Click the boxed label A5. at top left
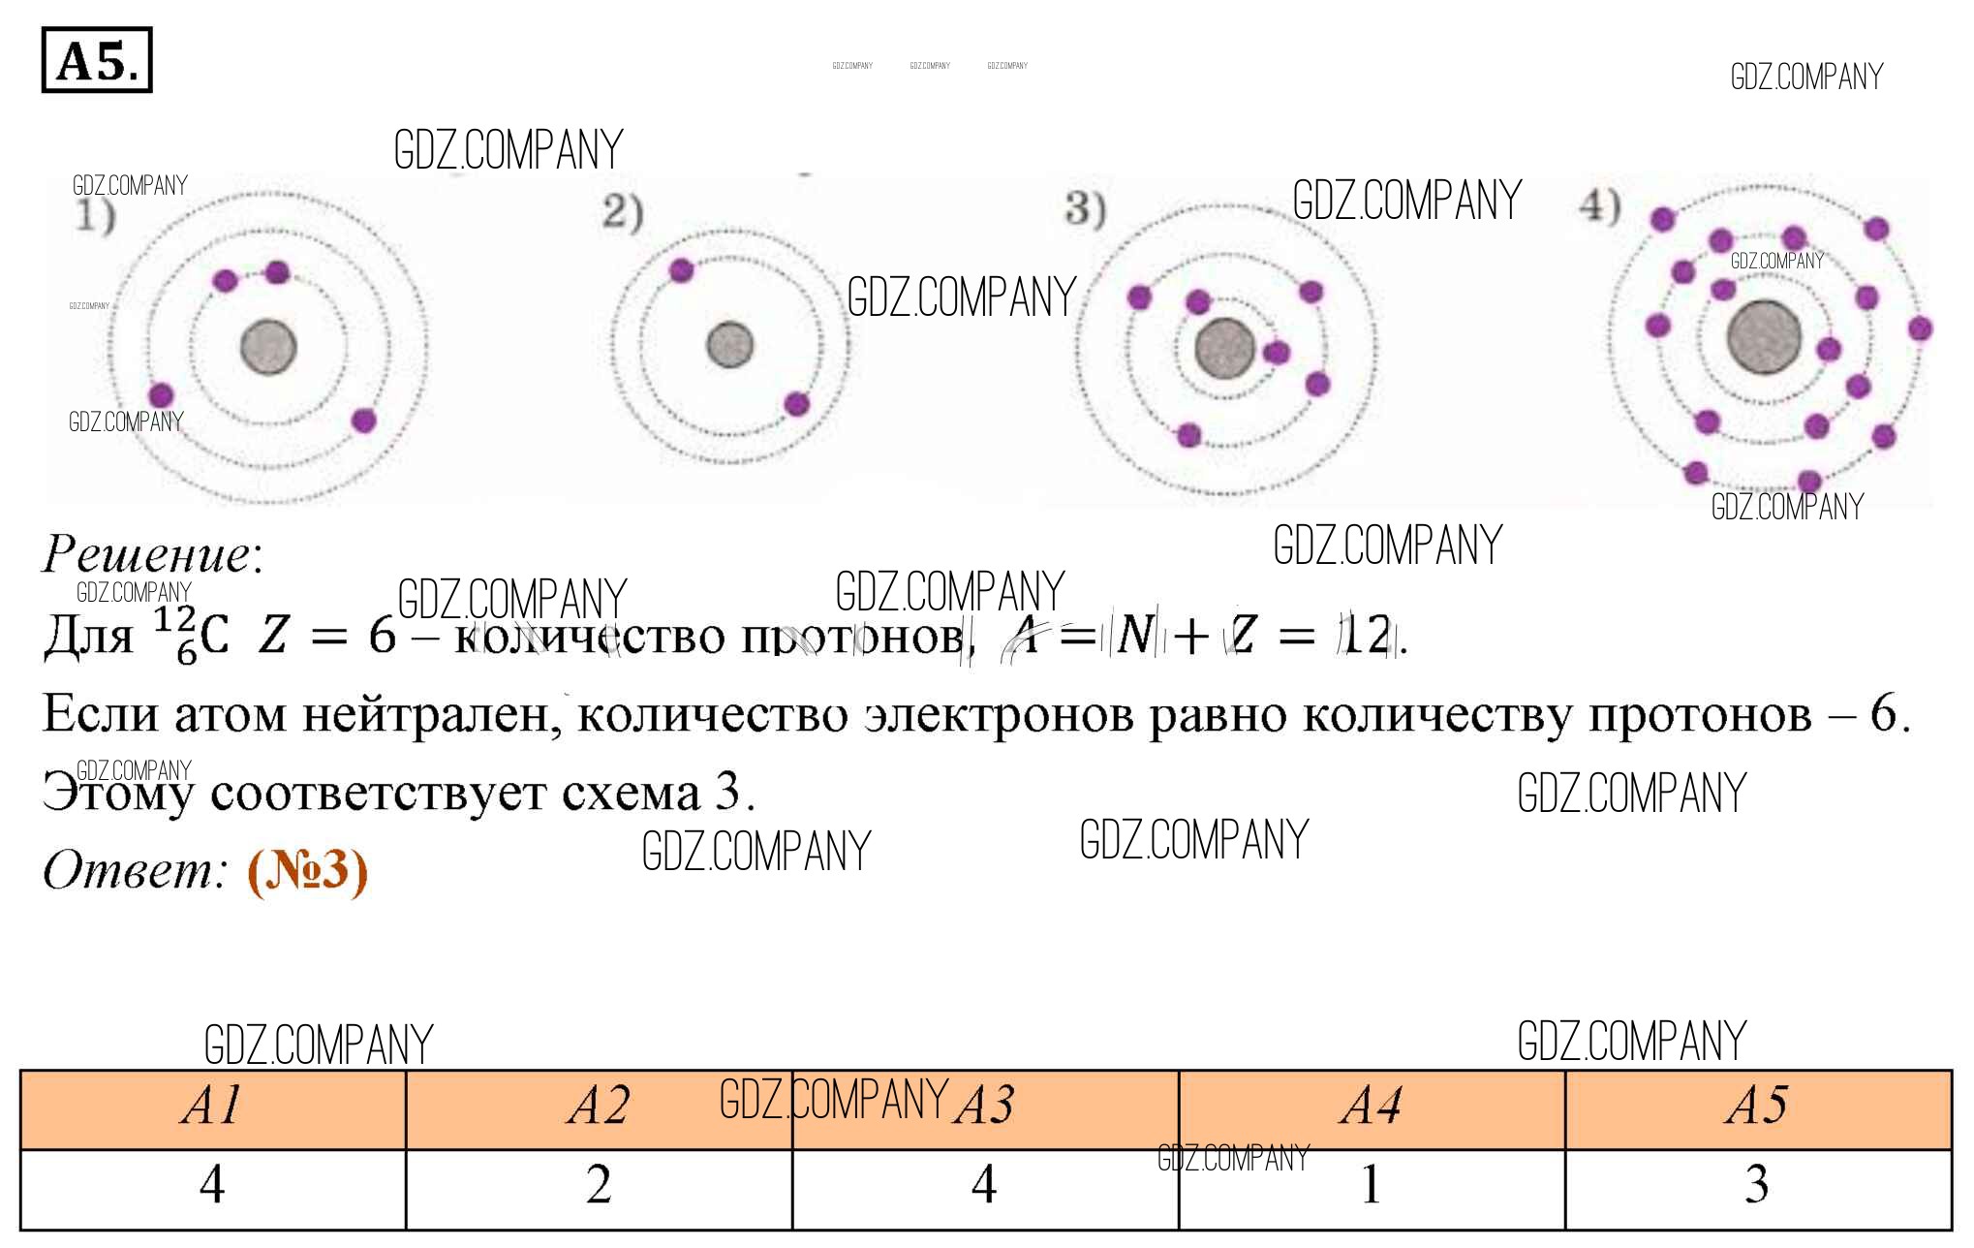pyautogui.click(x=97, y=60)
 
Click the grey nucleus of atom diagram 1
pyautogui.click(x=268, y=347)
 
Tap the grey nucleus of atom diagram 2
pyautogui.click(x=729, y=345)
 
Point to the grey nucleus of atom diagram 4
pyautogui.click(x=1764, y=336)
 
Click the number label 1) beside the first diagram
pyautogui.click(x=95, y=216)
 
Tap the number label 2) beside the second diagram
pyautogui.click(x=622, y=212)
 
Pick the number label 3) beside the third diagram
pyautogui.click(x=1085, y=209)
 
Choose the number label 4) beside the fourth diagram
pyautogui.click(x=1599, y=205)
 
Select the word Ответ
pyautogui.click(x=134, y=869)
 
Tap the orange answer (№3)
pyautogui.click(x=307, y=871)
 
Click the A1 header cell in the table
pyautogui.click(x=212, y=1106)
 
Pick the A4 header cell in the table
pyautogui.click(x=1371, y=1106)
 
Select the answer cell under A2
pyautogui.click(x=599, y=1185)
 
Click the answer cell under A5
pyautogui.click(x=1757, y=1185)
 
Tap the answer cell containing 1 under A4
pyautogui.click(x=1371, y=1185)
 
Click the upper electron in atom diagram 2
pyautogui.click(x=681, y=269)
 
